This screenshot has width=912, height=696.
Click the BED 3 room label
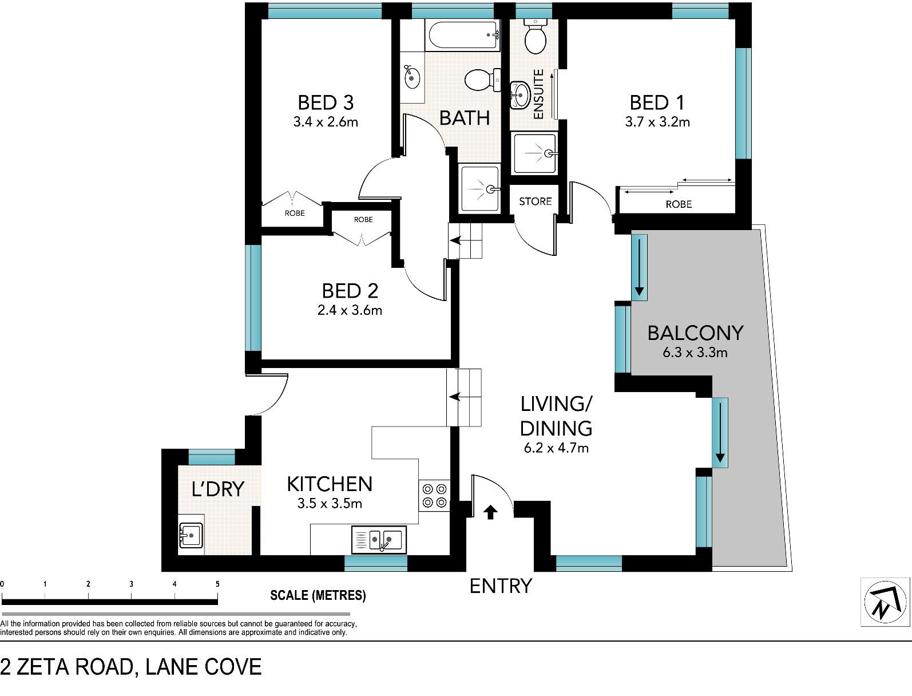click(x=326, y=102)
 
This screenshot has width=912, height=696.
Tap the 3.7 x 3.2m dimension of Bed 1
click(x=657, y=122)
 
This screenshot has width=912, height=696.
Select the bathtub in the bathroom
click(x=462, y=35)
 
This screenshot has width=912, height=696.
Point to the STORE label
click(x=535, y=201)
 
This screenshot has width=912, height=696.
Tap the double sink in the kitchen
click(x=379, y=540)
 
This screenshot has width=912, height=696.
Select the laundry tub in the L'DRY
click(x=191, y=536)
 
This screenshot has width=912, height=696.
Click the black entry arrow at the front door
click(x=491, y=512)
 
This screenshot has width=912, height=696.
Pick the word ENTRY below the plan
click(x=501, y=586)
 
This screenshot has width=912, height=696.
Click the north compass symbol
click(x=886, y=602)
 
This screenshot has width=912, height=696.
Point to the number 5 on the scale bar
click(x=217, y=584)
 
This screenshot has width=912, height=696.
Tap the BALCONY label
click(x=695, y=333)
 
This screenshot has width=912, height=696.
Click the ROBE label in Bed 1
click(x=679, y=204)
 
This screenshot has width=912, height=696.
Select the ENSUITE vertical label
click(x=538, y=94)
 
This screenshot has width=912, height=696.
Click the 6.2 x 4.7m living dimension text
click(x=556, y=448)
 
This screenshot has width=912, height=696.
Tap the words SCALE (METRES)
click(x=318, y=595)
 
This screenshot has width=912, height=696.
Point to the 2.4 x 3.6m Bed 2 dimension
click(x=350, y=310)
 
